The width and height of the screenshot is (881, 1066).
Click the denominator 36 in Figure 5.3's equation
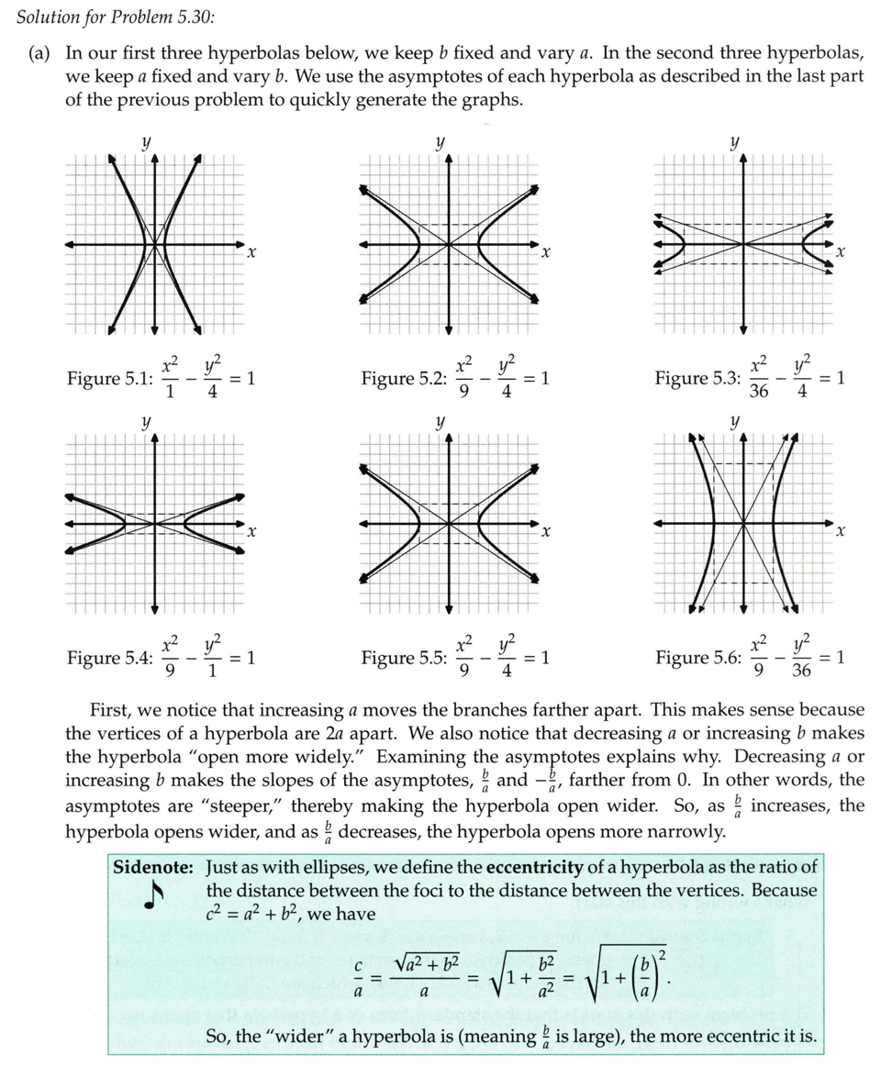[759, 391]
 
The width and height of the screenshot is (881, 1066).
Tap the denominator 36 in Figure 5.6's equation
[801, 671]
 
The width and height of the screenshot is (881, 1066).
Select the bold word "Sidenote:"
[153, 867]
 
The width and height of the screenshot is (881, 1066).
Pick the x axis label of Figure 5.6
[839, 532]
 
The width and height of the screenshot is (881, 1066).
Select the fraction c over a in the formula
[360, 981]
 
